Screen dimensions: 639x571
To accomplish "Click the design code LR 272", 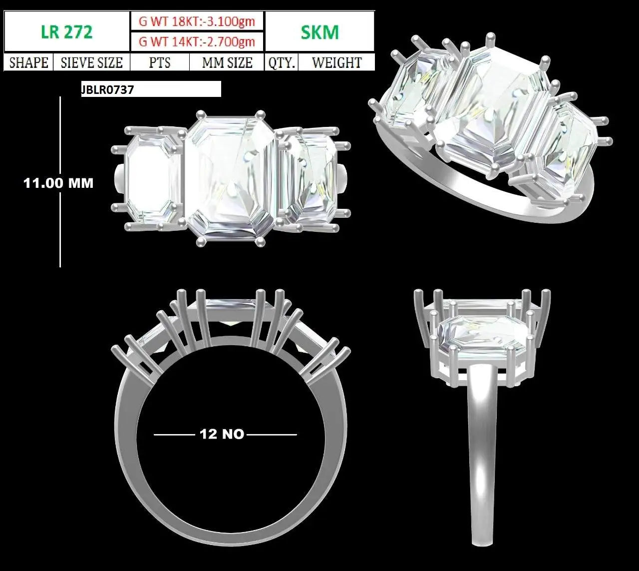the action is [x=67, y=32].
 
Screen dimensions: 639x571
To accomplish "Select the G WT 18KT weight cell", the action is [x=197, y=21].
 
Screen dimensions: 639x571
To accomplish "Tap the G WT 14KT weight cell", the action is [x=197, y=41].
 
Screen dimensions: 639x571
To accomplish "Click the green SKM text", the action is [x=319, y=32].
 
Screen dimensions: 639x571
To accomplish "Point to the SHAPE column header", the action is [x=28, y=62].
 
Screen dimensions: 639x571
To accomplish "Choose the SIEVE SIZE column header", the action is [x=91, y=62].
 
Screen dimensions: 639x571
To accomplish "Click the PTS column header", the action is [x=160, y=62].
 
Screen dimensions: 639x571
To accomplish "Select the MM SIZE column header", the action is [x=227, y=62].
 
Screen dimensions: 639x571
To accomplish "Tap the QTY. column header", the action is [x=282, y=62].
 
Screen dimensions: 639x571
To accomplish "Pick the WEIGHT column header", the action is [x=336, y=62].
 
